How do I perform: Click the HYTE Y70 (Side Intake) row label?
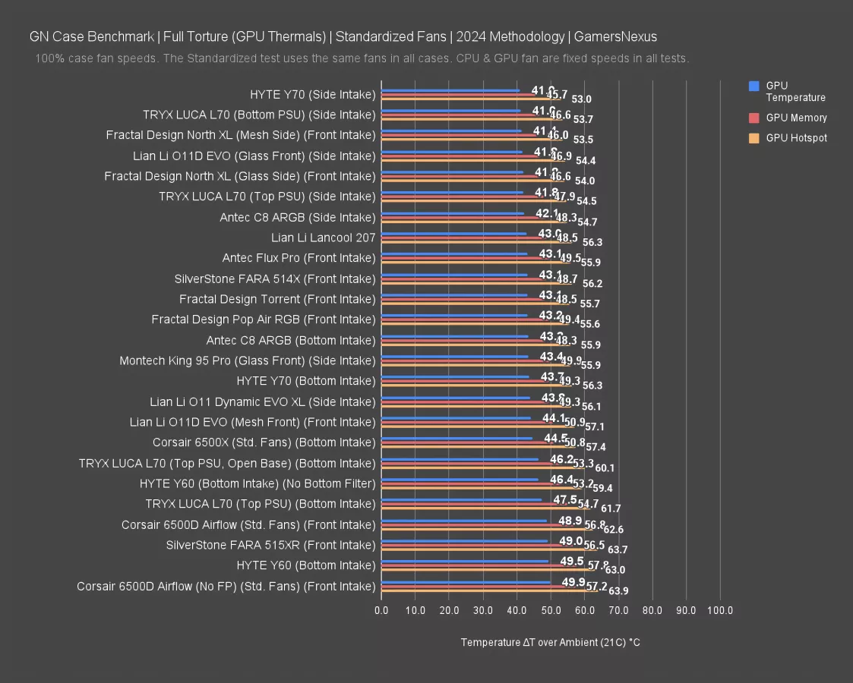click(x=312, y=94)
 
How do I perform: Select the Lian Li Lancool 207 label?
click(x=323, y=238)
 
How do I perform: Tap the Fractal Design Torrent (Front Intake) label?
click(x=277, y=299)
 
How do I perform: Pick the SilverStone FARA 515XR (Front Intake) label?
click(x=270, y=545)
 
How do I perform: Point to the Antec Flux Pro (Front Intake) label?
click(x=299, y=258)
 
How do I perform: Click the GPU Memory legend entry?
click(x=796, y=118)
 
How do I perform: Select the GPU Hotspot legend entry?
click(x=796, y=138)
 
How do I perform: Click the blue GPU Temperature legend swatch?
click(x=753, y=87)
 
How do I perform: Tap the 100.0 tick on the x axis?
click(x=720, y=610)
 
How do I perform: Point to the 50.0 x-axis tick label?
click(x=551, y=610)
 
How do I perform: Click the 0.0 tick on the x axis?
click(x=381, y=610)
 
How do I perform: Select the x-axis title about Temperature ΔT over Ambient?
click(x=550, y=642)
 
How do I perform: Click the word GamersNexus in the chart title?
click(x=615, y=36)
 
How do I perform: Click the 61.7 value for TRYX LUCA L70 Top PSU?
click(x=611, y=508)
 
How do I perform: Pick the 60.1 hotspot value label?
click(x=605, y=467)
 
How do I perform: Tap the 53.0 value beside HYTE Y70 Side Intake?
click(x=582, y=99)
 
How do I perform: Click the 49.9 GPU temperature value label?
click(x=573, y=581)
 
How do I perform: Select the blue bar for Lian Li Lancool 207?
click(x=453, y=234)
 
